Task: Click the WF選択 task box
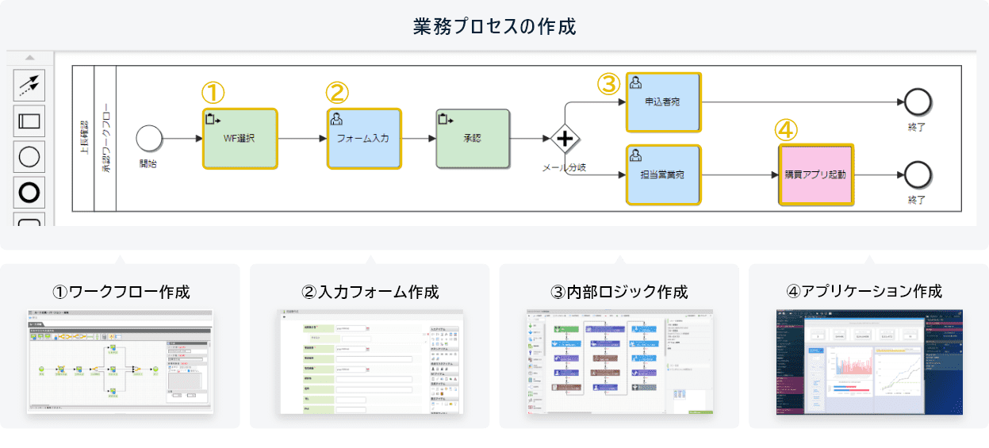[x=240, y=139]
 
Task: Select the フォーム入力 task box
[x=364, y=139]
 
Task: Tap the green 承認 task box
[x=473, y=139]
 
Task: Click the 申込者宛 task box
[x=663, y=102]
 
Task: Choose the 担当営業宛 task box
[x=663, y=174]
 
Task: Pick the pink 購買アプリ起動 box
[x=815, y=174]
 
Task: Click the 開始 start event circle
[x=148, y=138]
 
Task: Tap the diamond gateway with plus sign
[x=565, y=140]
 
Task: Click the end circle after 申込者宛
[x=918, y=101]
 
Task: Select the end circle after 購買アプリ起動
[x=918, y=174]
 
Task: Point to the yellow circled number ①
[x=213, y=92]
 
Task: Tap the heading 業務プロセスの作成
[x=494, y=26]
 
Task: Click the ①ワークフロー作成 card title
[x=121, y=291]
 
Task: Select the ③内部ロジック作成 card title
[x=619, y=291]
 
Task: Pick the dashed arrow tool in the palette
[x=29, y=84]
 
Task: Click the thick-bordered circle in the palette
[x=29, y=192]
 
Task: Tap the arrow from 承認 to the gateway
[x=530, y=139]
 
